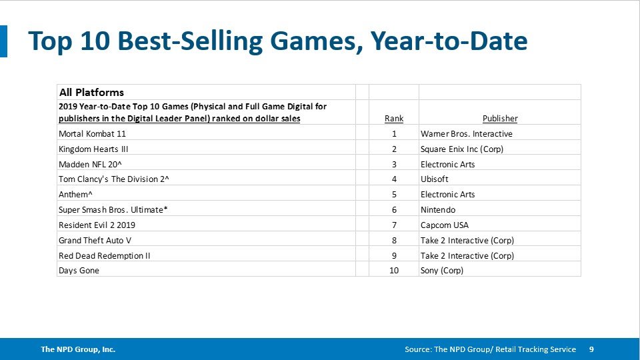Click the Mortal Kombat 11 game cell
(93, 133)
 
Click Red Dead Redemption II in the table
(104, 256)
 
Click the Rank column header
(394, 119)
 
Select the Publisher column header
(500, 119)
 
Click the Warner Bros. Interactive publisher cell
(466, 133)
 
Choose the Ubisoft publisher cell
(435, 179)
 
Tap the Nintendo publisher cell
(438, 210)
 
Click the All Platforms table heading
(91, 92)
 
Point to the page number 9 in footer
(591, 349)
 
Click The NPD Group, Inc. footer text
(77, 349)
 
